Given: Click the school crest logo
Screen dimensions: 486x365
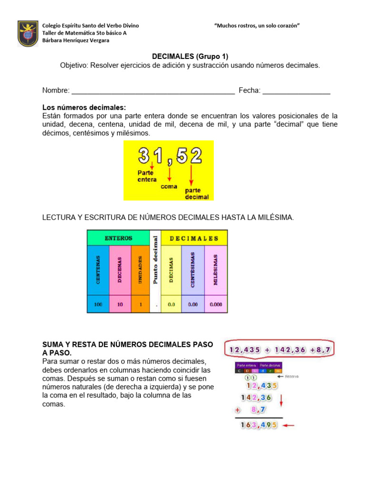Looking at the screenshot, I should point(28,33).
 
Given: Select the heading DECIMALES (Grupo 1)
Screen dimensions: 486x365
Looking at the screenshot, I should point(190,56).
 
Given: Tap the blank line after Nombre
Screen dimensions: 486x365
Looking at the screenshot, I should point(153,91).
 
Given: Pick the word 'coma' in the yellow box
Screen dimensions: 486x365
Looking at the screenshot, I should point(169,187).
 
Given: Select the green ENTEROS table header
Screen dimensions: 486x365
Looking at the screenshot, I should point(118,238).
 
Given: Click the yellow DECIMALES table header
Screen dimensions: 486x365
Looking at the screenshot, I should point(194,238).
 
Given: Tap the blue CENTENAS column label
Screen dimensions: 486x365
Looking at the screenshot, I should point(98,270).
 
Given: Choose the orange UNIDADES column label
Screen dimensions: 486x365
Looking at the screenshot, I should point(140,270).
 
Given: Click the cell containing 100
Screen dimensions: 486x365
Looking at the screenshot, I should point(98,304).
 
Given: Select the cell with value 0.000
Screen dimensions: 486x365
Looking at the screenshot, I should point(216,304).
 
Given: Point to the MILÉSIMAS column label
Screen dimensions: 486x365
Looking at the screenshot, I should point(216,270).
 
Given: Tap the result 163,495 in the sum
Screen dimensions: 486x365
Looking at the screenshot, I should point(259,425).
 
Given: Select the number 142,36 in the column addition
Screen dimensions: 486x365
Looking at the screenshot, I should point(256,397).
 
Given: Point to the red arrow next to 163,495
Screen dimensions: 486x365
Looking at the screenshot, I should point(288,425).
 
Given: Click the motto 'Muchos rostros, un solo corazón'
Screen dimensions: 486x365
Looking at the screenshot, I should point(258,26).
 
